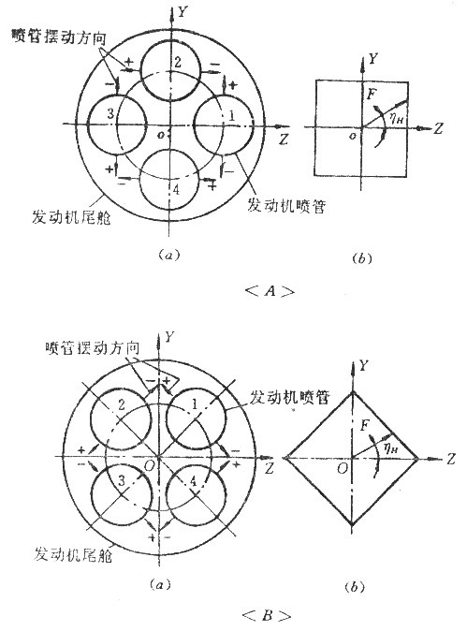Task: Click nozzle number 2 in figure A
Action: point(171,41)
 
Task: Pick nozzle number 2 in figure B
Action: point(90,419)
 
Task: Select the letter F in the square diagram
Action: point(372,95)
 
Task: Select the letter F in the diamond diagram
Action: point(365,425)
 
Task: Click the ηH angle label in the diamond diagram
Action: point(390,448)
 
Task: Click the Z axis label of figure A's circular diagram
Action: point(284,139)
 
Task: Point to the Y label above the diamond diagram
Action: point(364,366)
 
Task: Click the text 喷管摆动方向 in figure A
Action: point(59,37)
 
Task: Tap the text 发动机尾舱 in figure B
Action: point(73,554)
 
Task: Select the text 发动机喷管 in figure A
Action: point(286,206)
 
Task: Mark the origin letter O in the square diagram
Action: point(353,137)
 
